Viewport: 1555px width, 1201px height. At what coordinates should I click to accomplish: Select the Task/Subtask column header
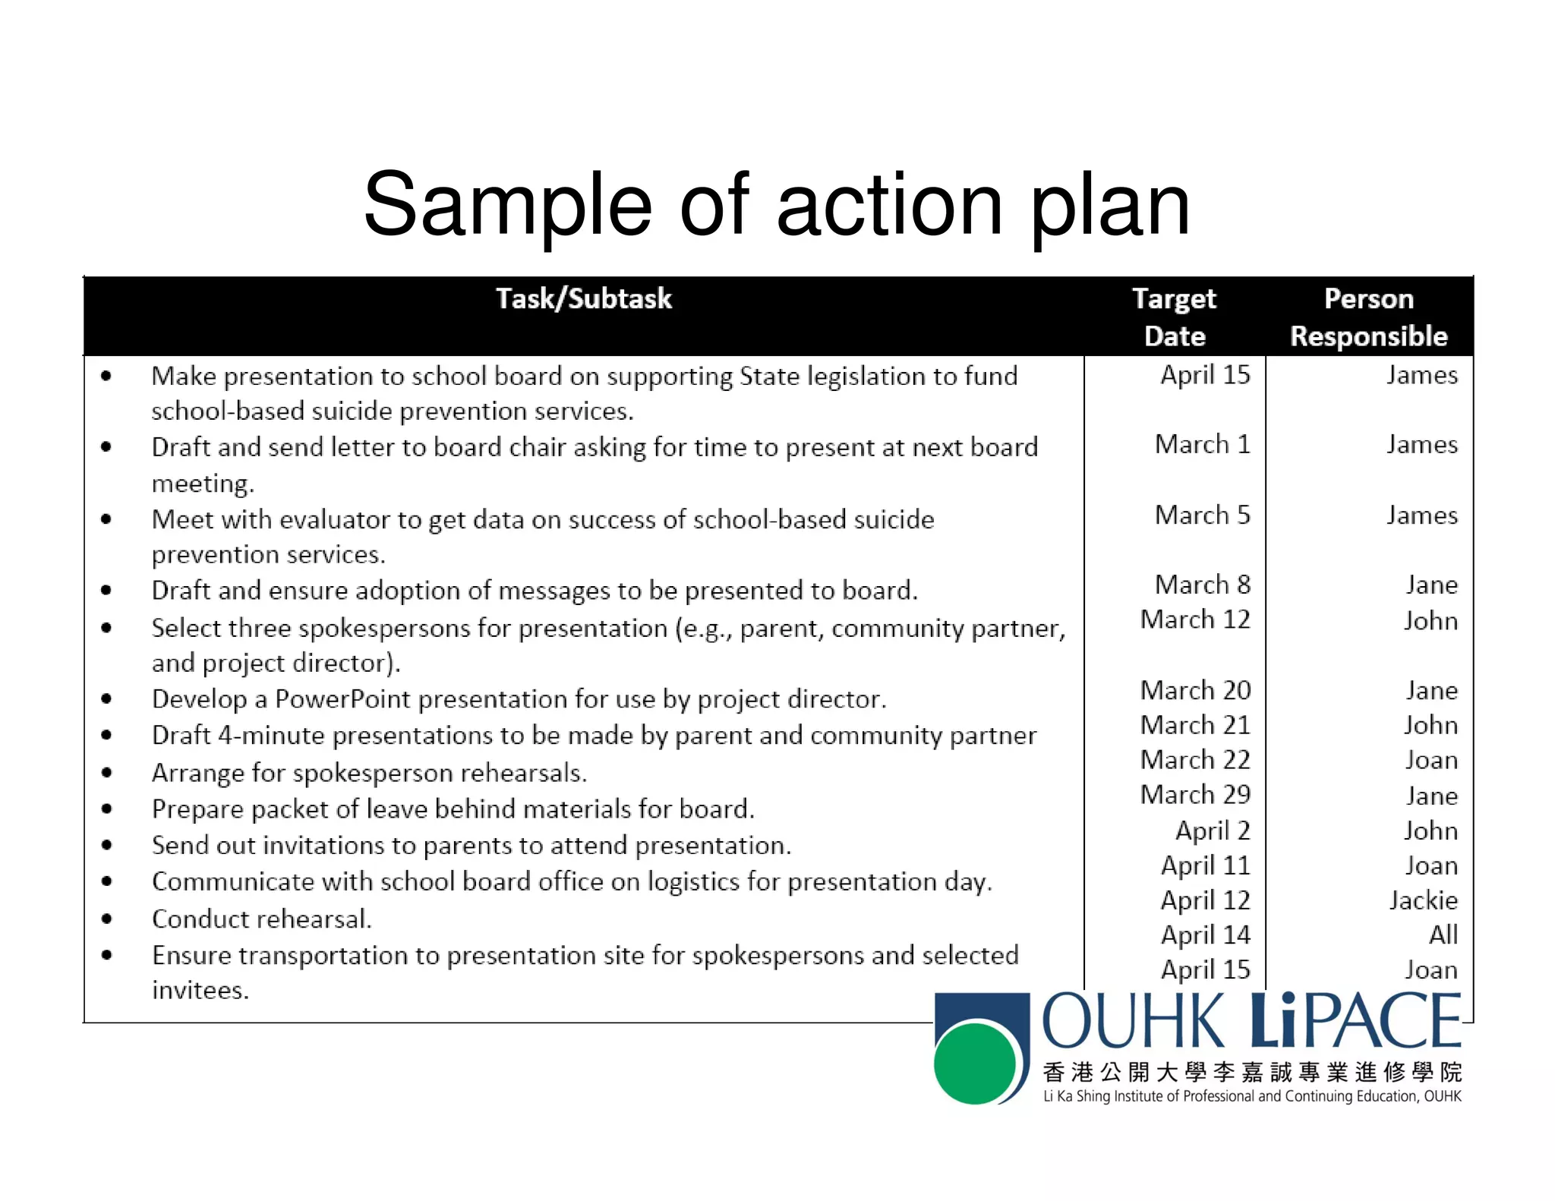point(583,299)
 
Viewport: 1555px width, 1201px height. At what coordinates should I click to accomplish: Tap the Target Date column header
point(1174,317)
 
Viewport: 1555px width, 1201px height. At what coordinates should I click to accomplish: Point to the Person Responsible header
point(1368,317)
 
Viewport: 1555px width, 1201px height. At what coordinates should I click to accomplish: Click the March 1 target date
point(1202,444)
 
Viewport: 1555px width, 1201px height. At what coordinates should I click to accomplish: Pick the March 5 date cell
point(1202,515)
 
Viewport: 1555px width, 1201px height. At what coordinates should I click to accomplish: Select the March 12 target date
point(1195,619)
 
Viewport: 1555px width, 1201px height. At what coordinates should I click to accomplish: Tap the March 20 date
point(1195,690)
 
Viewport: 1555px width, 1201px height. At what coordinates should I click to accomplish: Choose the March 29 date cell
point(1195,794)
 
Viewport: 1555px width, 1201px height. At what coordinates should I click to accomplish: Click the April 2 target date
point(1213,831)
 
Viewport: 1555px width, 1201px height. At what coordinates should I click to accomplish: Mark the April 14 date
point(1205,935)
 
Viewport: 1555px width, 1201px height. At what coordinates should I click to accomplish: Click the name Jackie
point(1423,900)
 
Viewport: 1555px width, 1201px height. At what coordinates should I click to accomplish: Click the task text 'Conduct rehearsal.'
point(262,919)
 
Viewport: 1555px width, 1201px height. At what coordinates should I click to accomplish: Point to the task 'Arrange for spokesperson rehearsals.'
point(369,773)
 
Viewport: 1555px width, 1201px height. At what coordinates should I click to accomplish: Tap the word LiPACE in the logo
point(1355,1021)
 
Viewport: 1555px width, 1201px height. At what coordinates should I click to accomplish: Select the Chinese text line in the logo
point(1251,1072)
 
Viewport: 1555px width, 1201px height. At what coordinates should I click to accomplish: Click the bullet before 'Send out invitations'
point(106,845)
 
